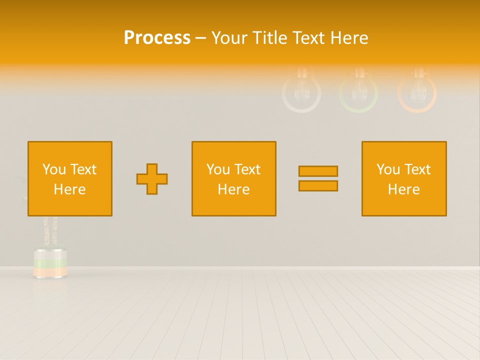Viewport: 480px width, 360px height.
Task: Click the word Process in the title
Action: point(157,38)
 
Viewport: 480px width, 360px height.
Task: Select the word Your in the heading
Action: point(230,38)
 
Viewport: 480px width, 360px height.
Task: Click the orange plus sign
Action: point(152,178)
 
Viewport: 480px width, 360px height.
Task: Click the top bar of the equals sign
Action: point(318,171)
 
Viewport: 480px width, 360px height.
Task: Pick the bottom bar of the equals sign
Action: point(318,185)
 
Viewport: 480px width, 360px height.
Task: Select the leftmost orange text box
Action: point(70,178)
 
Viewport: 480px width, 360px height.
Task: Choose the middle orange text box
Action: point(233,178)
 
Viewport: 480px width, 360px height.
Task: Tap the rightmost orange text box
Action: point(404,178)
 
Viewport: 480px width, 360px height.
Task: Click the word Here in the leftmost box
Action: point(70,189)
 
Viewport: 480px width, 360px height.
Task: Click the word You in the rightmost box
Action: point(388,169)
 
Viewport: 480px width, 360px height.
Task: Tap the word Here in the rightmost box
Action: point(404,189)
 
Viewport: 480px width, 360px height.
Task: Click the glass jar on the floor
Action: point(50,262)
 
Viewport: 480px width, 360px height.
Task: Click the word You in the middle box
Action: point(218,169)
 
